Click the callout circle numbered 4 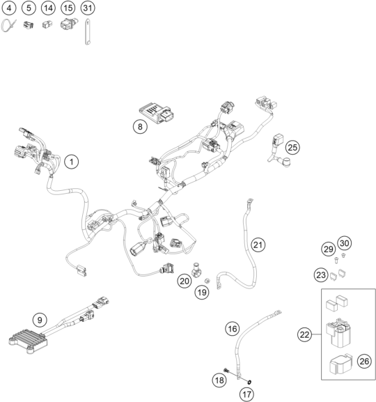coord(9,8)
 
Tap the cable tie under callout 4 coord(8,26)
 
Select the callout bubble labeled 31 coord(88,8)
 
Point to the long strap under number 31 coord(88,32)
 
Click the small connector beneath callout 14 coord(47,24)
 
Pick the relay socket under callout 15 coord(69,24)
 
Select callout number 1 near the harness coord(72,162)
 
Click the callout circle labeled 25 coord(292,148)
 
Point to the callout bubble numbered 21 coord(258,245)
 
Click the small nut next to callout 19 coord(207,281)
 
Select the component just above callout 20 coord(196,270)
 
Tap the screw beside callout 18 coord(226,370)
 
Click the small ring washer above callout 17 coord(249,382)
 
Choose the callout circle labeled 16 coord(233,329)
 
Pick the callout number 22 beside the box coord(305,334)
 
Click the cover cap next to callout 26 coord(341,364)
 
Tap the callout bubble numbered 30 coord(345,243)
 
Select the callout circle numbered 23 coord(321,275)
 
